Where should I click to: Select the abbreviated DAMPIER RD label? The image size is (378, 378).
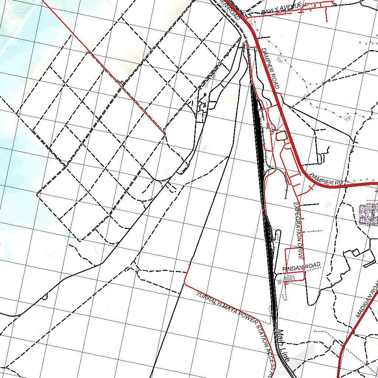pyautogui.click(x=326, y=180)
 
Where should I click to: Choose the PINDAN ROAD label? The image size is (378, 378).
pyautogui.click(x=301, y=267)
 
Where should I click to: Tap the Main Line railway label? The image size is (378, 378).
pyautogui.click(x=284, y=346)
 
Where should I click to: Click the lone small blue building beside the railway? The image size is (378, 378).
pyautogui.click(x=279, y=282)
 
